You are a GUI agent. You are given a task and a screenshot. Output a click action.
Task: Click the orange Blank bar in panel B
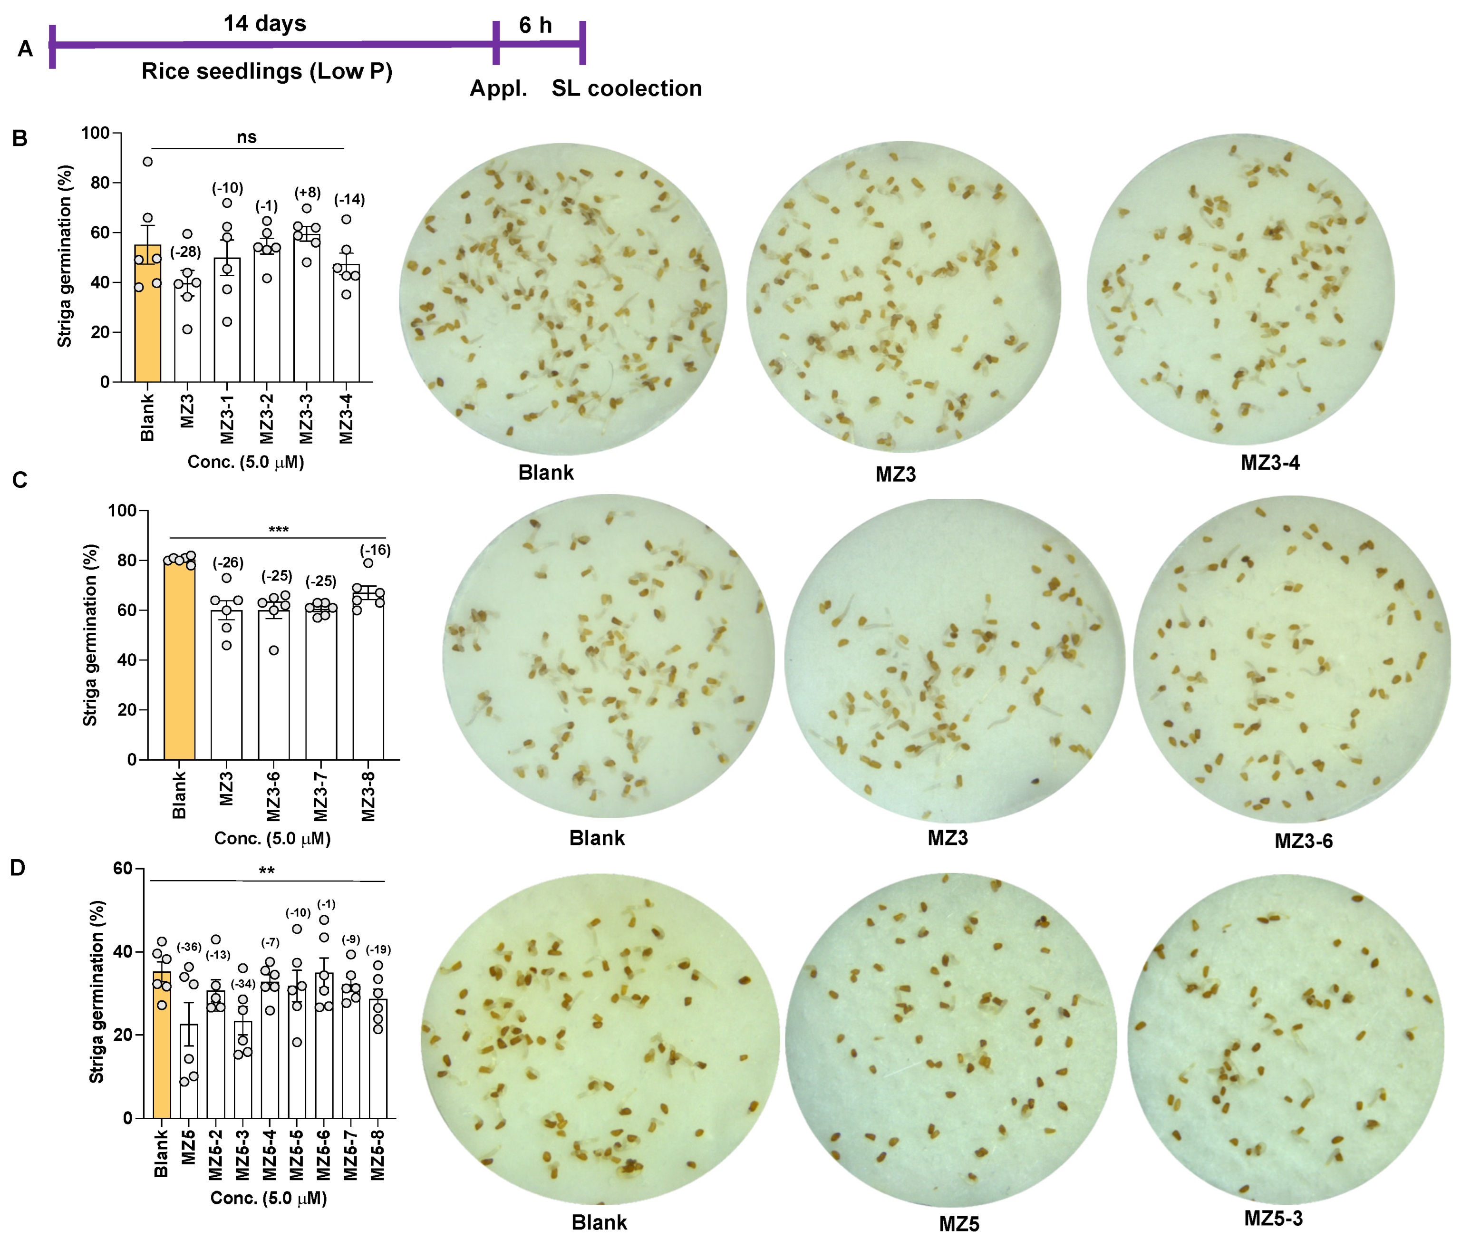(147, 314)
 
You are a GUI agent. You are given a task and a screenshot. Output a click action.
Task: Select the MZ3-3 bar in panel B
(307, 310)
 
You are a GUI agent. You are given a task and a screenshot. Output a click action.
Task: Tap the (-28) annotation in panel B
(185, 252)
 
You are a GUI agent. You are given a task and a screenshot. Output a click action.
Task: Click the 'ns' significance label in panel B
(246, 137)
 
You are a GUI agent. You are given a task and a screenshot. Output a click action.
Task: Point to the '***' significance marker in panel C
(279, 530)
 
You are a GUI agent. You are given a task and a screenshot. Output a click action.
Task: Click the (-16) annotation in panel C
(375, 550)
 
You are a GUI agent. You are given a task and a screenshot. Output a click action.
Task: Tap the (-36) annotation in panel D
(189, 947)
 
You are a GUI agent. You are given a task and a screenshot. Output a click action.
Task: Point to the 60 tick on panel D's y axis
(123, 868)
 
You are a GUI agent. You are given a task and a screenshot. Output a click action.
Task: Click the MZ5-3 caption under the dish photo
(1273, 1218)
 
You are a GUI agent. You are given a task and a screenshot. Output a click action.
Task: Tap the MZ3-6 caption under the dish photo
(1303, 841)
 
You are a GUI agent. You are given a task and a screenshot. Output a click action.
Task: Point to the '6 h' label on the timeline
(535, 25)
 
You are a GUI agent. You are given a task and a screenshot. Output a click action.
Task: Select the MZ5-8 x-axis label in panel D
(378, 1154)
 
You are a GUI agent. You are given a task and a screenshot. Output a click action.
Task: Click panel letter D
(17, 868)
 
